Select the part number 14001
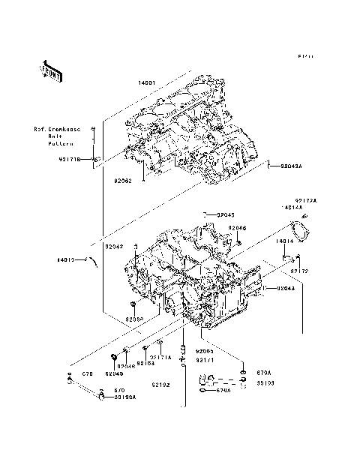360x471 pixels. [x=148, y=82]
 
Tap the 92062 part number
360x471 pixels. [x=123, y=181]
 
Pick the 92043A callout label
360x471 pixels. [x=291, y=166]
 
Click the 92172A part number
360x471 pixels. [x=305, y=200]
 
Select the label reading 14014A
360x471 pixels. [x=292, y=207]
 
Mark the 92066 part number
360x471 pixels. [x=238, y=227]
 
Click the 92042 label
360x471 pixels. [x=114, y=246]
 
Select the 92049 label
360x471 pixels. [x=113, y=373]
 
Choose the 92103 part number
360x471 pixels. [x=145, y=363]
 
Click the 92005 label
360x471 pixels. [x=205, y=351]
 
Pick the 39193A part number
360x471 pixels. [x=124, y=397]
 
